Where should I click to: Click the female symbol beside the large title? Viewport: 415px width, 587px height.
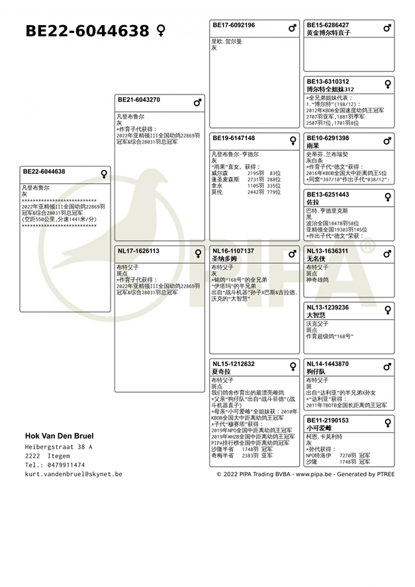click(161, 30)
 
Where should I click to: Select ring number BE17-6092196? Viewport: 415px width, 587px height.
click(234, 25)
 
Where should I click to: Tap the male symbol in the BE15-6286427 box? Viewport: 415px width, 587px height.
click(387, 28)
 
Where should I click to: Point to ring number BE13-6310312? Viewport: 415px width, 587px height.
click(328, 81)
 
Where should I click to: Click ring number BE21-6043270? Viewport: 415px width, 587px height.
click(138, 100)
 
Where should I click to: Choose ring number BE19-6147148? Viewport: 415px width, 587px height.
click(234, 138)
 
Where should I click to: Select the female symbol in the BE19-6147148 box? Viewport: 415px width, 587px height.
click(293, 141)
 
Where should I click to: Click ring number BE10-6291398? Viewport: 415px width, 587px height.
click(328, 138)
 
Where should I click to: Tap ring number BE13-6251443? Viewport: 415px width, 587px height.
click(328, 194)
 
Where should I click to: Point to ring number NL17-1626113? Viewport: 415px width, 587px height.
click(138, 251)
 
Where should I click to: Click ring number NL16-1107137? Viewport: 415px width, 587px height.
click(233, 251)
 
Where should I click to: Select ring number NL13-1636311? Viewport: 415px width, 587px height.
click(327, 251)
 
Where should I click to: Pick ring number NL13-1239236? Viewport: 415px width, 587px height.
click(327, 307)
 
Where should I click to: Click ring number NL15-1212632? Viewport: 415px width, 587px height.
click(233, 364)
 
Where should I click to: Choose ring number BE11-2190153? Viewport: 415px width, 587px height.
click(327, 420)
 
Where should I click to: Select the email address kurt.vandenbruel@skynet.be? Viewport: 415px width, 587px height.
click(73, 474)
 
